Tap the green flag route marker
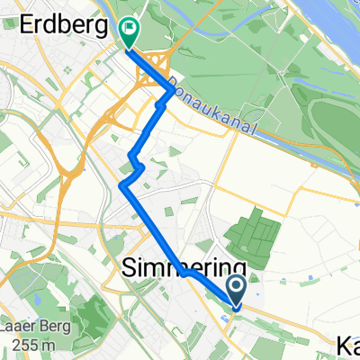click(130, 33)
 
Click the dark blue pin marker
click(237, 291)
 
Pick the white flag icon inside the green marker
click(130, 28)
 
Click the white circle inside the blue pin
click(237, 286)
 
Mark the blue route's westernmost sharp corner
click(121, 184)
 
